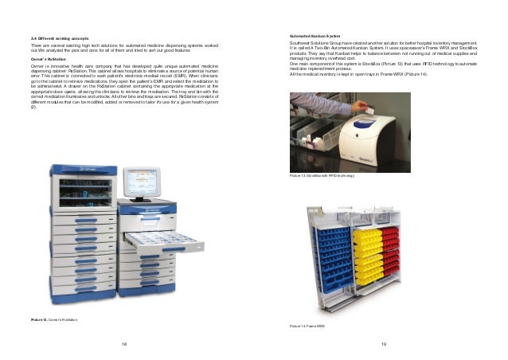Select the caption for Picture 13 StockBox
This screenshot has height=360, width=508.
tap(322, 174)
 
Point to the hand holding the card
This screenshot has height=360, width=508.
tap(330, 112)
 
